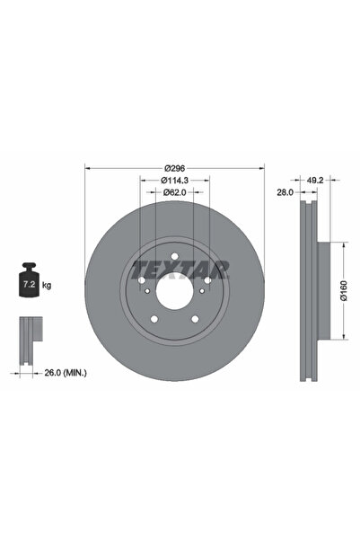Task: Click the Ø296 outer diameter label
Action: (x=175, y=168)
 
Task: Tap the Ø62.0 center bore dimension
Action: (x=175, y=192)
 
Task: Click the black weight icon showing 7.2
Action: (x=29, y=284)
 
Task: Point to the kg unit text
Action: (x=47, y=285)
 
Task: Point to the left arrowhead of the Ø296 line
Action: (x=87, y=168)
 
